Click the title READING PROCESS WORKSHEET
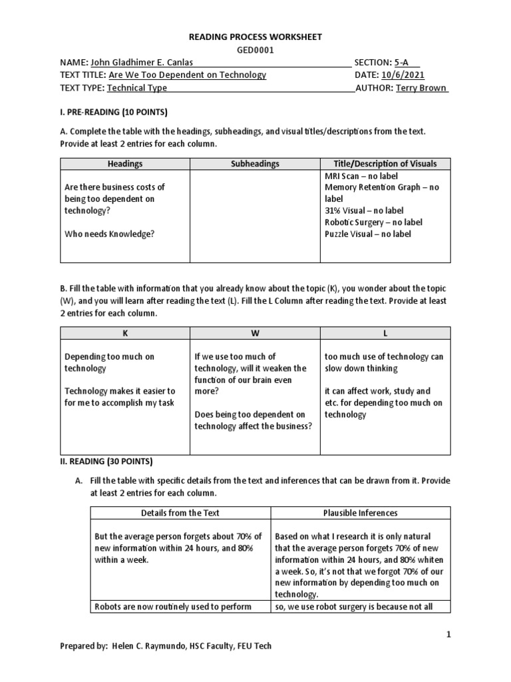(x=255, y=37)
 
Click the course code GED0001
(x=255, y=50)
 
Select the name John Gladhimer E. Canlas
(x=143, y=63)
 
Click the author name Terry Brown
(x=421, y=88)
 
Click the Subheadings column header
(x=255, y=164)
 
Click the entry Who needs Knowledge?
(x=104, y=234)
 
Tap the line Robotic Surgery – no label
(x=373, y=222)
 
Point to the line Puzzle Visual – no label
(x=368, y=234)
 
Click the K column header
(x=125, y=333)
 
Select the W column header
(x=255, y=333)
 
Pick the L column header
(x=385, y=333)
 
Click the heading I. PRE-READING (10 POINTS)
(x=114, y=111)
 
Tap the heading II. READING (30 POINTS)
(x=106, y=461)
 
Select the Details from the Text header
(x=180, y=513)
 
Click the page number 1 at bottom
(x=448, y=635)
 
